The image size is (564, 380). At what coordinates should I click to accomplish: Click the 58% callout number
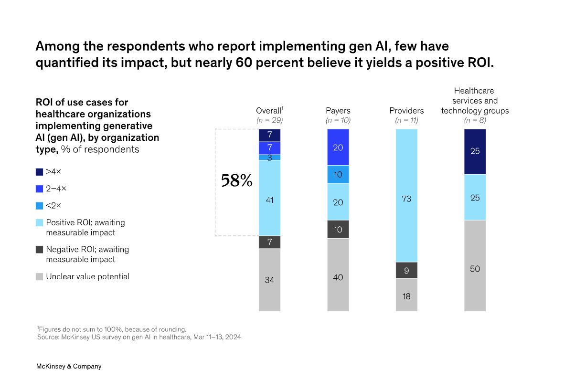236,180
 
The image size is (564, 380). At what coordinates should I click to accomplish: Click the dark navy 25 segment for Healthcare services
475,151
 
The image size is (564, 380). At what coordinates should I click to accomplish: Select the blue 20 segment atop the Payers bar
338,148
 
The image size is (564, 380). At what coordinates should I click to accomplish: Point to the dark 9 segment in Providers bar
406,270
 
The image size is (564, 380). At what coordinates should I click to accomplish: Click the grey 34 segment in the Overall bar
269,280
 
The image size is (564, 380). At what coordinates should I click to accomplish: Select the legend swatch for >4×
40,171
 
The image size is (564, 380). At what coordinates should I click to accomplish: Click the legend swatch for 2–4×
40,189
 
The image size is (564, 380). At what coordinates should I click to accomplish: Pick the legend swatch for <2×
40,206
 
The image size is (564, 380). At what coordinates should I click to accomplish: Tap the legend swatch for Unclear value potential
40,276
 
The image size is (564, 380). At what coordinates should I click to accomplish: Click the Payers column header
338,111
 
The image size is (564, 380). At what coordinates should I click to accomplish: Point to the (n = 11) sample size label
406,120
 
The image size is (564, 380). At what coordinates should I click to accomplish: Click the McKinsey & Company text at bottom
69,366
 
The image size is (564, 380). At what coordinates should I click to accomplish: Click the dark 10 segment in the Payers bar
338,229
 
